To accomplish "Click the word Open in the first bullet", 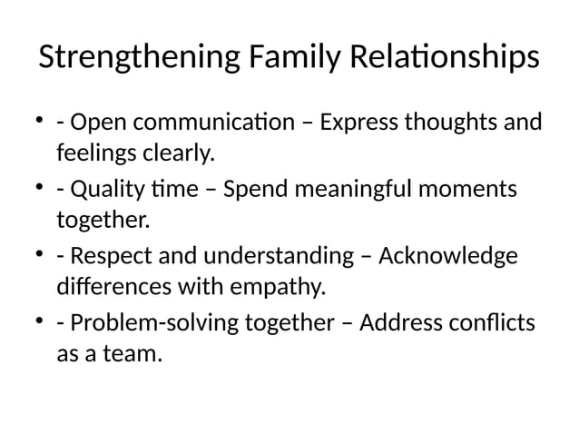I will click(94, 123).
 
